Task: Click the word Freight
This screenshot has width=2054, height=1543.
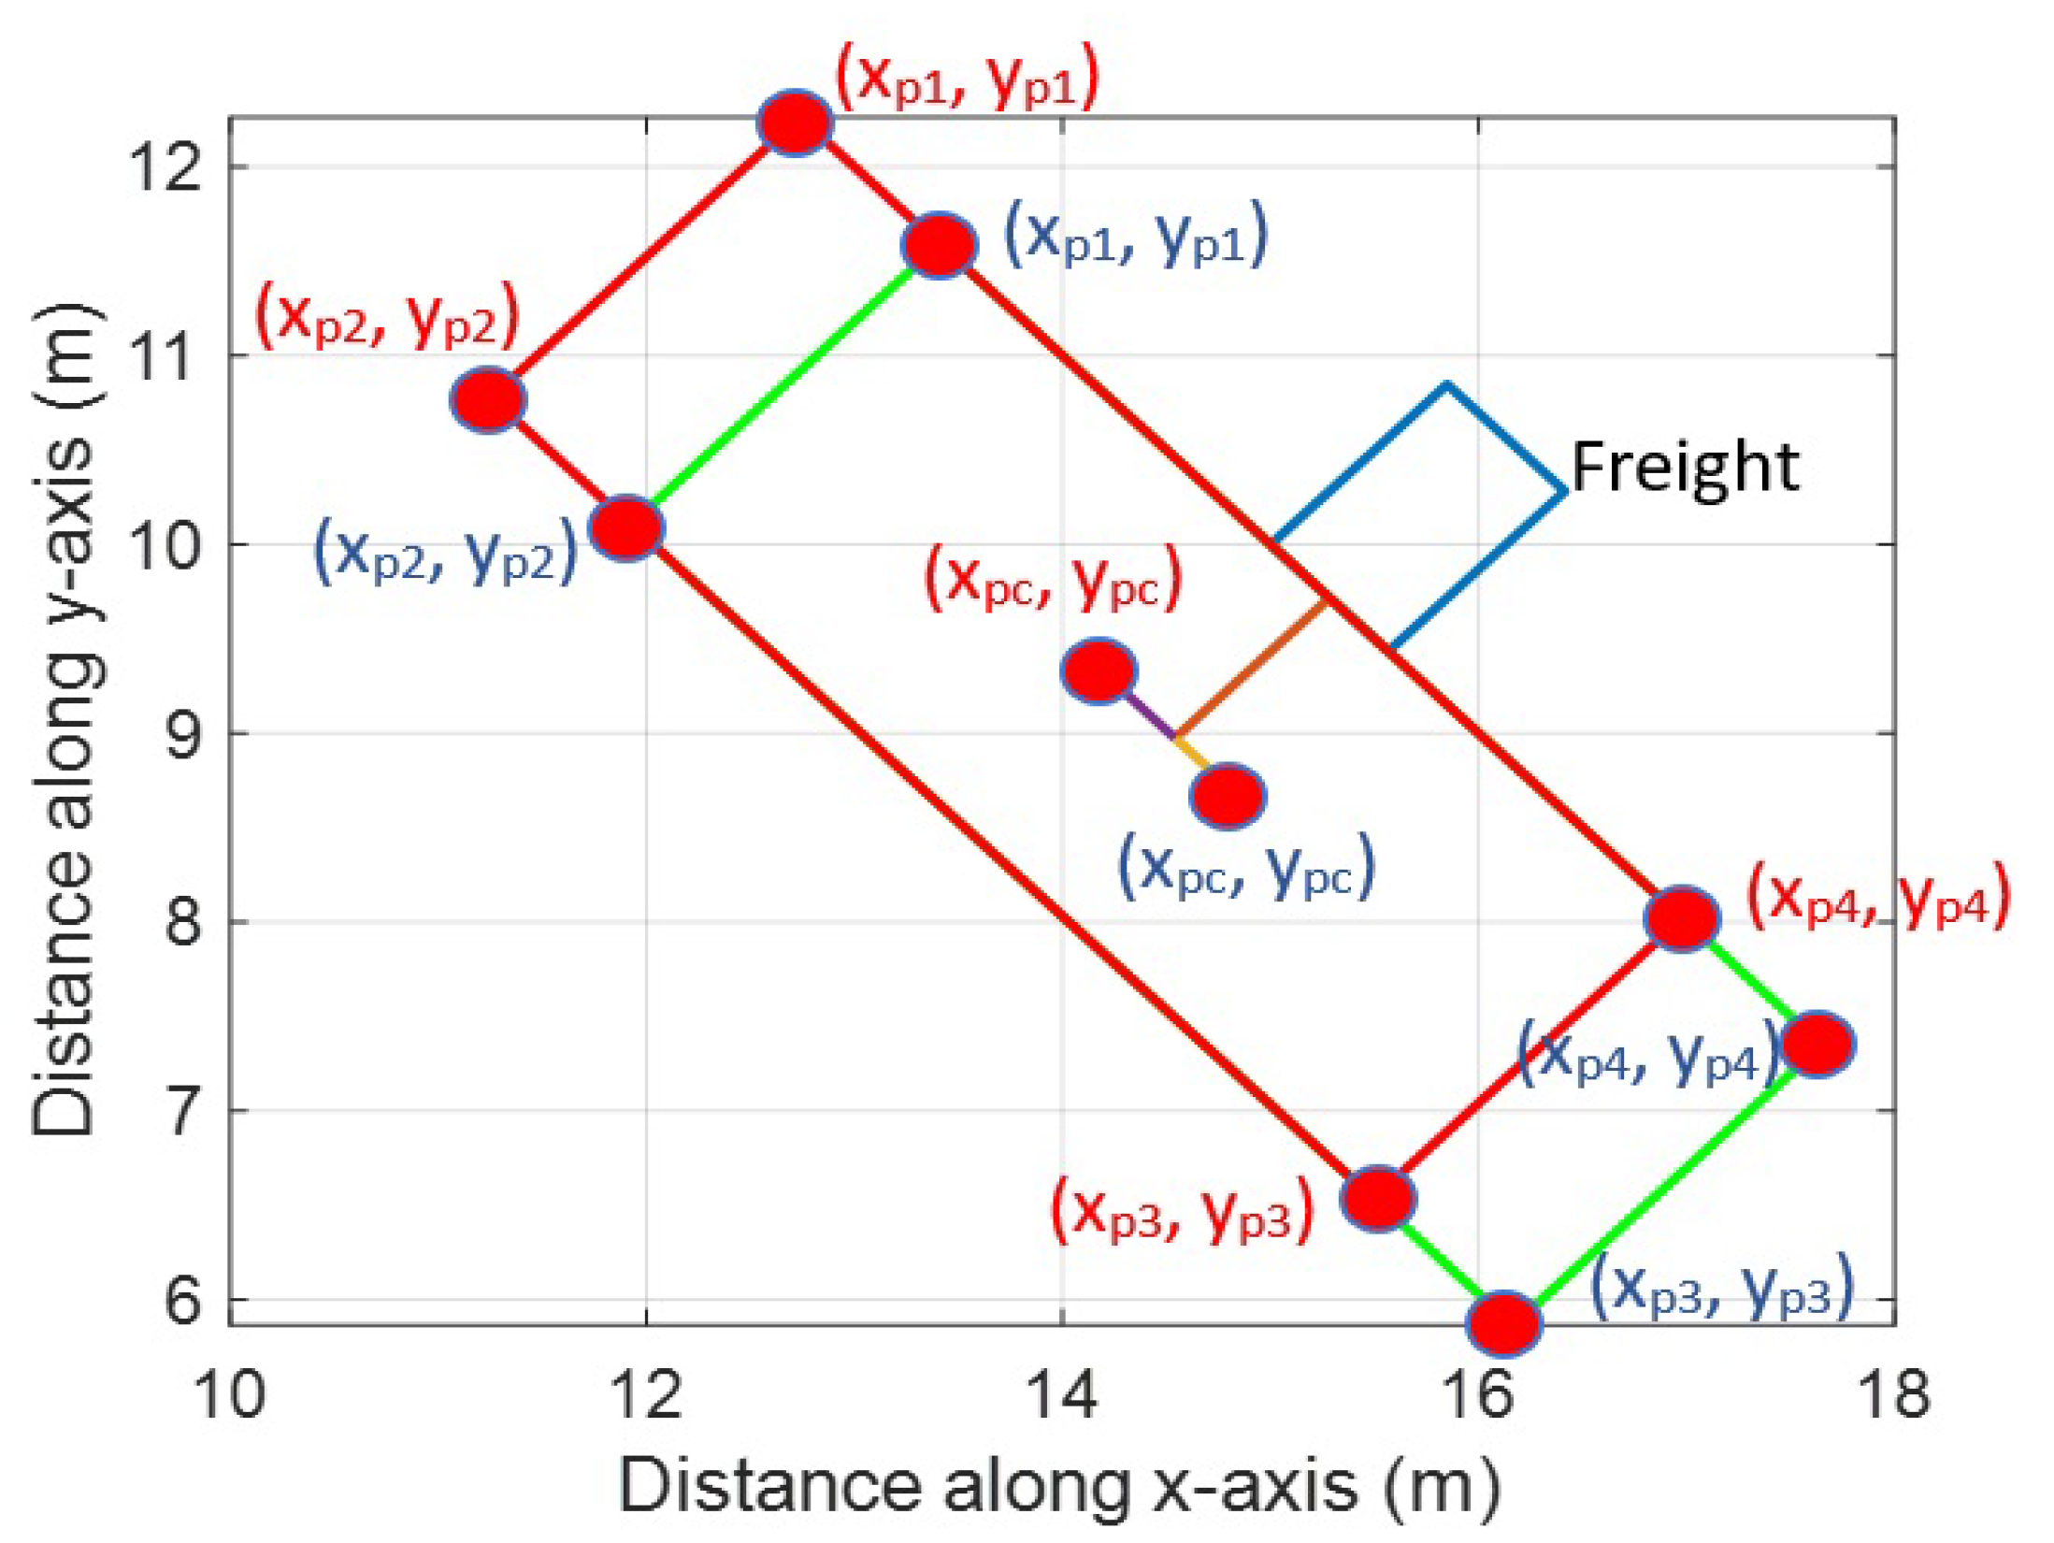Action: click(1684, 467)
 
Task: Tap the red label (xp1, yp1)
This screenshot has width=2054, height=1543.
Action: click(967, 79)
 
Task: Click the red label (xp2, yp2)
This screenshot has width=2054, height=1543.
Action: click(387, 315)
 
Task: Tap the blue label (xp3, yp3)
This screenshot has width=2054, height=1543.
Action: click(1721, 1286)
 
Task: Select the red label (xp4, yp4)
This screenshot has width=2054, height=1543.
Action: click(1878, 895)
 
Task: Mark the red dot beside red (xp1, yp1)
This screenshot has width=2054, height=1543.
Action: click(795, 123)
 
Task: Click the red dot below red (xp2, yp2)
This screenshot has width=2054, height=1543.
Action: click(487, 400)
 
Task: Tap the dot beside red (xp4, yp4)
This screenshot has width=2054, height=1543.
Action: click(1682, 918)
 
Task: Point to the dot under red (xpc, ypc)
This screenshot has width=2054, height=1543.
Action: click(1099, 671)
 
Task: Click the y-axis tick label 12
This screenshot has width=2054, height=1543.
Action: click(167, 167)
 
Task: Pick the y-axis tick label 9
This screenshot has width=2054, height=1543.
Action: click(183, 734)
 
